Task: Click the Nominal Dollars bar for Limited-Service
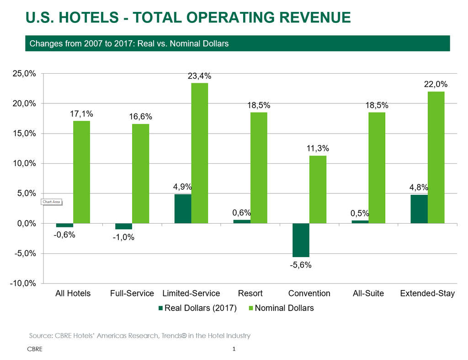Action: [200, 153]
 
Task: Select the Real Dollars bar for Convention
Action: [301, 240]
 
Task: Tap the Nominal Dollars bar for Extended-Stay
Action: [436, 157]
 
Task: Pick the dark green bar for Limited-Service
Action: [183, 209]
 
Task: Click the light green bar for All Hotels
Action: [81, 172]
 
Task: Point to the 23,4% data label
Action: [200, 76]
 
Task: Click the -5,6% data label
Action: [301, 265]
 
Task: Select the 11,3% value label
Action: [318, 149]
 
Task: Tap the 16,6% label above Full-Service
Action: [141, 117]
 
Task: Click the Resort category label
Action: [250, 293]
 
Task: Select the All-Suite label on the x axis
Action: [368, 293]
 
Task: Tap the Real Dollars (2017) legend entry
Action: [197, 308]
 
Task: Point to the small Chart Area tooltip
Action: [51, 202]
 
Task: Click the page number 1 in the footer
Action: [234, 349]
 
